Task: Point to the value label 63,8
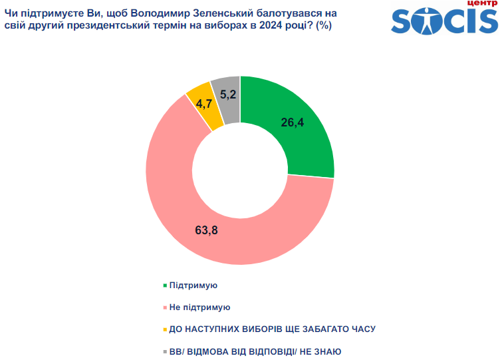coord(206,231)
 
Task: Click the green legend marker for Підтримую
coord(164,285)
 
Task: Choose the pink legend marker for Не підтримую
coord(164,307)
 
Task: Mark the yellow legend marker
coord(164,329)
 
